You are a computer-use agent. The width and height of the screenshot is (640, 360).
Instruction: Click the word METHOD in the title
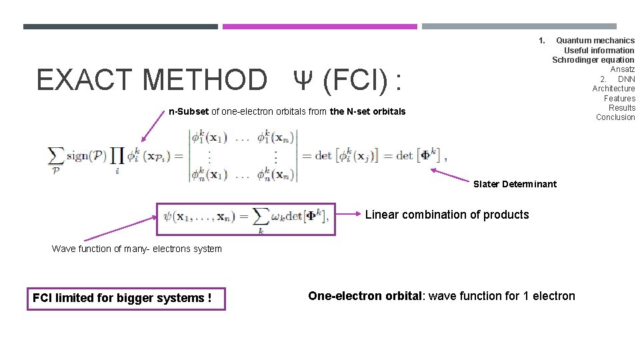[x=204, y=81]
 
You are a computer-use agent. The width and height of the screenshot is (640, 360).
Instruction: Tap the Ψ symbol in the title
[x=303, y=81]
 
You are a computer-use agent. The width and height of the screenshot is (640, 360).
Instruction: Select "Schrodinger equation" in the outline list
[x=593, y=60]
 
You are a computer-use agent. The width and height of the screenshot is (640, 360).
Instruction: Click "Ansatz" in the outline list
[x=622, y=69]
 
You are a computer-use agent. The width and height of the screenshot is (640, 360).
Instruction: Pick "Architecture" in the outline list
[x=613, y=89]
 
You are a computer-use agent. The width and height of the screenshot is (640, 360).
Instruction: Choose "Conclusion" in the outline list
[x=615, y=117]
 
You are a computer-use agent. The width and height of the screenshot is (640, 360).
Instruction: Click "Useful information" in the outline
[x=599, y=50]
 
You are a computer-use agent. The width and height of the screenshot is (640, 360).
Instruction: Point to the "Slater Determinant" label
[x=515, y=184]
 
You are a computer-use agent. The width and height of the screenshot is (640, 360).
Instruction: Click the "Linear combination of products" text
[x=447, y=215]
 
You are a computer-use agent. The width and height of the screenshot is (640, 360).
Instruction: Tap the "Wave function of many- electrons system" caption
[x=137, y=249]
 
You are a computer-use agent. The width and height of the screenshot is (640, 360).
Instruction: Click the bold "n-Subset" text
[x=189, y=111]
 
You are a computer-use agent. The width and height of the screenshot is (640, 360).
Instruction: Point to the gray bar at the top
[x=529, y=27]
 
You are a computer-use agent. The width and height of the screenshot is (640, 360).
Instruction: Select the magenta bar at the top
[x=319, y=27]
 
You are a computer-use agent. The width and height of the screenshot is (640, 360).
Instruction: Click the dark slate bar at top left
[x=120, y=27]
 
